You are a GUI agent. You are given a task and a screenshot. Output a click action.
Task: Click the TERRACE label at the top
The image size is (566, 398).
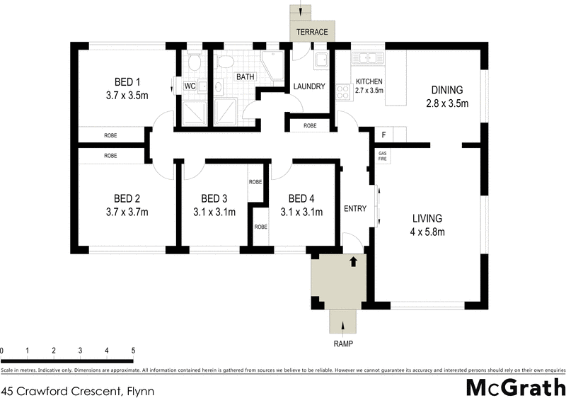[x=312, y=33]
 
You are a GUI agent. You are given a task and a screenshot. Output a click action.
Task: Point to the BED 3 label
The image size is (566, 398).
[x=214, y=198]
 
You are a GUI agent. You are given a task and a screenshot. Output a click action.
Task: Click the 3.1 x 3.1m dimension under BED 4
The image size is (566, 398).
[x=301, y=211]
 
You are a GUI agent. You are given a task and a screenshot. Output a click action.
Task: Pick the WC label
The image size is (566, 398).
[x=190, y=86]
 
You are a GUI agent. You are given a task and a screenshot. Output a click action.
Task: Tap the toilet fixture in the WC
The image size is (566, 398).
[x=195, y=64]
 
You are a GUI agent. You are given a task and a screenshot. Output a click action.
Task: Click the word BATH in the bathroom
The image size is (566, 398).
[x=246, y=76]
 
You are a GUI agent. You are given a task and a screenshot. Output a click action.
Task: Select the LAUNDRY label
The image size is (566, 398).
[x=309, y=87]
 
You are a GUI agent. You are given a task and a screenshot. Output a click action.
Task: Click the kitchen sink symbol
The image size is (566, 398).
[x=368, y=58]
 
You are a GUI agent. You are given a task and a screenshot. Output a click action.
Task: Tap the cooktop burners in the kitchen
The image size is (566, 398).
[x=344, y=91]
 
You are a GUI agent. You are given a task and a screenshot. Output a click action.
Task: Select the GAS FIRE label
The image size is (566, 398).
[x=383, y=157]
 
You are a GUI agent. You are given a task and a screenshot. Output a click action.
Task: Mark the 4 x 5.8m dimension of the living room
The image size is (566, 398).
[x=428, y=232]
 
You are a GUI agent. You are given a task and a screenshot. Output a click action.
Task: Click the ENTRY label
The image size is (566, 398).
[x=354, y=209]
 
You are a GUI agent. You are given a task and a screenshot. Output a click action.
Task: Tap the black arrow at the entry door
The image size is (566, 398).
[x=353, y=262]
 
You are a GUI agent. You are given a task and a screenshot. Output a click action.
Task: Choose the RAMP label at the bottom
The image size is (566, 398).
[x=343, y=343]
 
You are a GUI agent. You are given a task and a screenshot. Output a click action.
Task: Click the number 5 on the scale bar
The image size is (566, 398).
[x=133, y=351]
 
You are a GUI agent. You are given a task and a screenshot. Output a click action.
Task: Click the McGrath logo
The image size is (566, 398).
[x=515, y=387]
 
